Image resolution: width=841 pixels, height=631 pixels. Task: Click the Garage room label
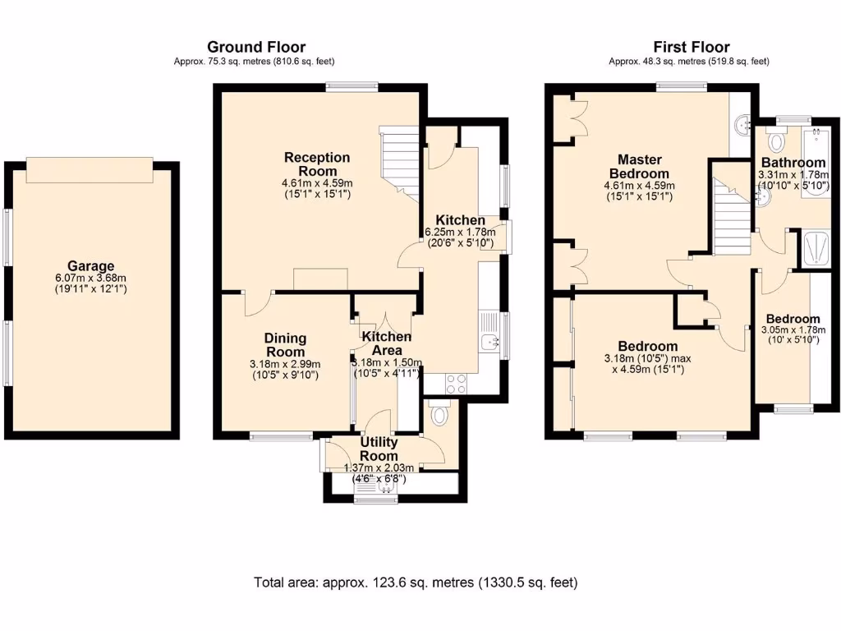[x=90, y=265]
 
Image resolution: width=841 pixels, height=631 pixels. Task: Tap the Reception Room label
[x=317, y=164]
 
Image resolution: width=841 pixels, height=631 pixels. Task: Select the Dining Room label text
[x=285, y=345]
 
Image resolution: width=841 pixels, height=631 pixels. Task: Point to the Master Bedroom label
[x=639, y=166]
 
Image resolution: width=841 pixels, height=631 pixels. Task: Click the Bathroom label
[x=793, y=162]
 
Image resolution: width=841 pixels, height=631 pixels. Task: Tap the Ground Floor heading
[x=256, y=47]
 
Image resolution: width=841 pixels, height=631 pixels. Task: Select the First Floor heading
[x=692, y=47]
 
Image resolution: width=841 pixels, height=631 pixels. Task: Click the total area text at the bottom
[x=416, y=583]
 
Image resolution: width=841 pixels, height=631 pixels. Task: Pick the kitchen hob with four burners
[x=456, y=384]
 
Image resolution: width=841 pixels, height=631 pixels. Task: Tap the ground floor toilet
[x=440, y=415]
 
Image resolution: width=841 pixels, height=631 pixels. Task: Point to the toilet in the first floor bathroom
[x=775, y=141]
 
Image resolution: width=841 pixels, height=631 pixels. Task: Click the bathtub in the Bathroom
[x=815, y=164]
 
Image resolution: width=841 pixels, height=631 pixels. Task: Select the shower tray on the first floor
[x=818, y=248]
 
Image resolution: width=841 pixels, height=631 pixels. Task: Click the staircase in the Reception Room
[x=399, y=164]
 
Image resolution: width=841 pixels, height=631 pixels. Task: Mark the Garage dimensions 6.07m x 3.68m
[x=90, y=278]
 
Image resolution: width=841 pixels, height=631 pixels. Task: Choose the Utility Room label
[x=379, y=449]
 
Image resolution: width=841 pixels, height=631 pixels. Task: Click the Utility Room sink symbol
[x=386, y=486]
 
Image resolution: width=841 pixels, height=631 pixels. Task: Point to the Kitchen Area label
[x=387, y=343]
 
